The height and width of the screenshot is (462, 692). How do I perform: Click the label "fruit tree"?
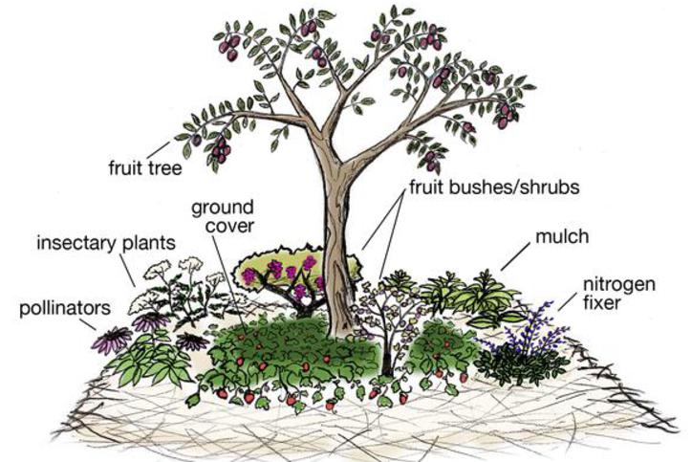145,167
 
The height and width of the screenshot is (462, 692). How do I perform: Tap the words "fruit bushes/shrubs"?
494,187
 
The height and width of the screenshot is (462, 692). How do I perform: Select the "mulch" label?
562,236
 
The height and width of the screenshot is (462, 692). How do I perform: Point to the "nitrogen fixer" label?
619,294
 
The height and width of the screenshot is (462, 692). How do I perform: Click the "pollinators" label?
64,308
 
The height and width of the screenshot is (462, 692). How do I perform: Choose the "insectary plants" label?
106,243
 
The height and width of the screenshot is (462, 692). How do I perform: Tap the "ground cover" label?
223,216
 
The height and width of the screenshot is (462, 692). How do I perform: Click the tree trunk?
337,248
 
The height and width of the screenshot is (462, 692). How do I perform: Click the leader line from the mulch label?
515,256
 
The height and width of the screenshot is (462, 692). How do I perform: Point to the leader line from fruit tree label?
158,149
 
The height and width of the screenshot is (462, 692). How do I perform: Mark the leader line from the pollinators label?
88,324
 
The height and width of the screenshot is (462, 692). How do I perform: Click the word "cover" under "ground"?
230,226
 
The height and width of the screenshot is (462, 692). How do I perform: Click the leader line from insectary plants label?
128,272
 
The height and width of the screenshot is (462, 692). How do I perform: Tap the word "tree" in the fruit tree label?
163,167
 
